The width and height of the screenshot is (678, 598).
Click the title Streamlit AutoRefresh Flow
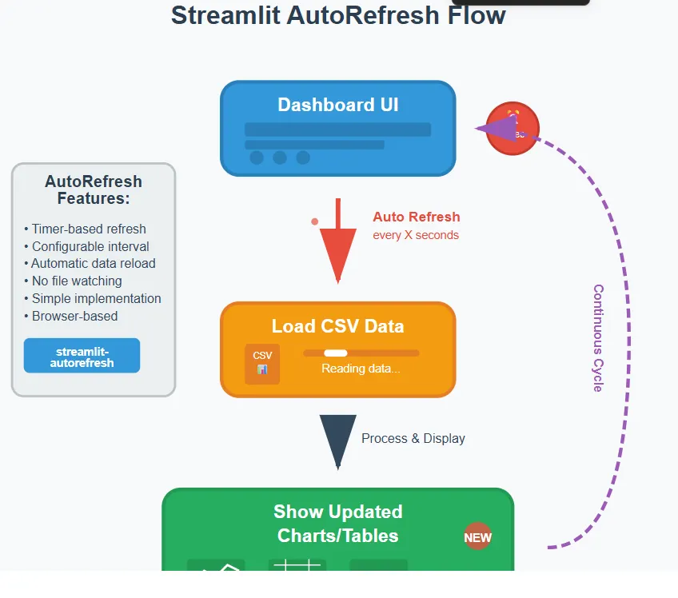point(338,14)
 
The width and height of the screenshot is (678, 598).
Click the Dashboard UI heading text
point(337,105)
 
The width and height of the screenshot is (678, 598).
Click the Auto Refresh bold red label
point(416,217)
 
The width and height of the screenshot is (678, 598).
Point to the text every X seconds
point(416,235)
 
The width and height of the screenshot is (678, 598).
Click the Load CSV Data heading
point(337,326)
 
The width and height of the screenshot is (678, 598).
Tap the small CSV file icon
point(262,363)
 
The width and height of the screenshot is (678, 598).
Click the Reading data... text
point(361,369)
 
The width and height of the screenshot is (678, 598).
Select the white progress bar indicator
point(336,353)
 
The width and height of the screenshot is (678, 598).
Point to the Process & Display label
point(413,439)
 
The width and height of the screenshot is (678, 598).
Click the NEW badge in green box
point(477,537)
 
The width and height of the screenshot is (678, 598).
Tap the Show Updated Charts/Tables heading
point(337,524)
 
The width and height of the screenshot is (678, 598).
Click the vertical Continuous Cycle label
point(597,337)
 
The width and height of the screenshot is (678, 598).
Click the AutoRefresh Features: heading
point(94,190)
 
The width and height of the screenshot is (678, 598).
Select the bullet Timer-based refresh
point(86,229)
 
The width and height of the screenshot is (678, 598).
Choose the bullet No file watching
point(74,281)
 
